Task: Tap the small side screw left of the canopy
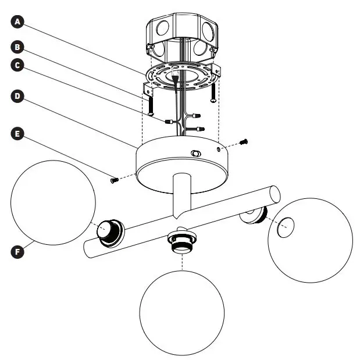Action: [x=114, y=180]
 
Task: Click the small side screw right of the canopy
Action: [x=244, y=141]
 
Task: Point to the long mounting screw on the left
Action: [x=151, y=105]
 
